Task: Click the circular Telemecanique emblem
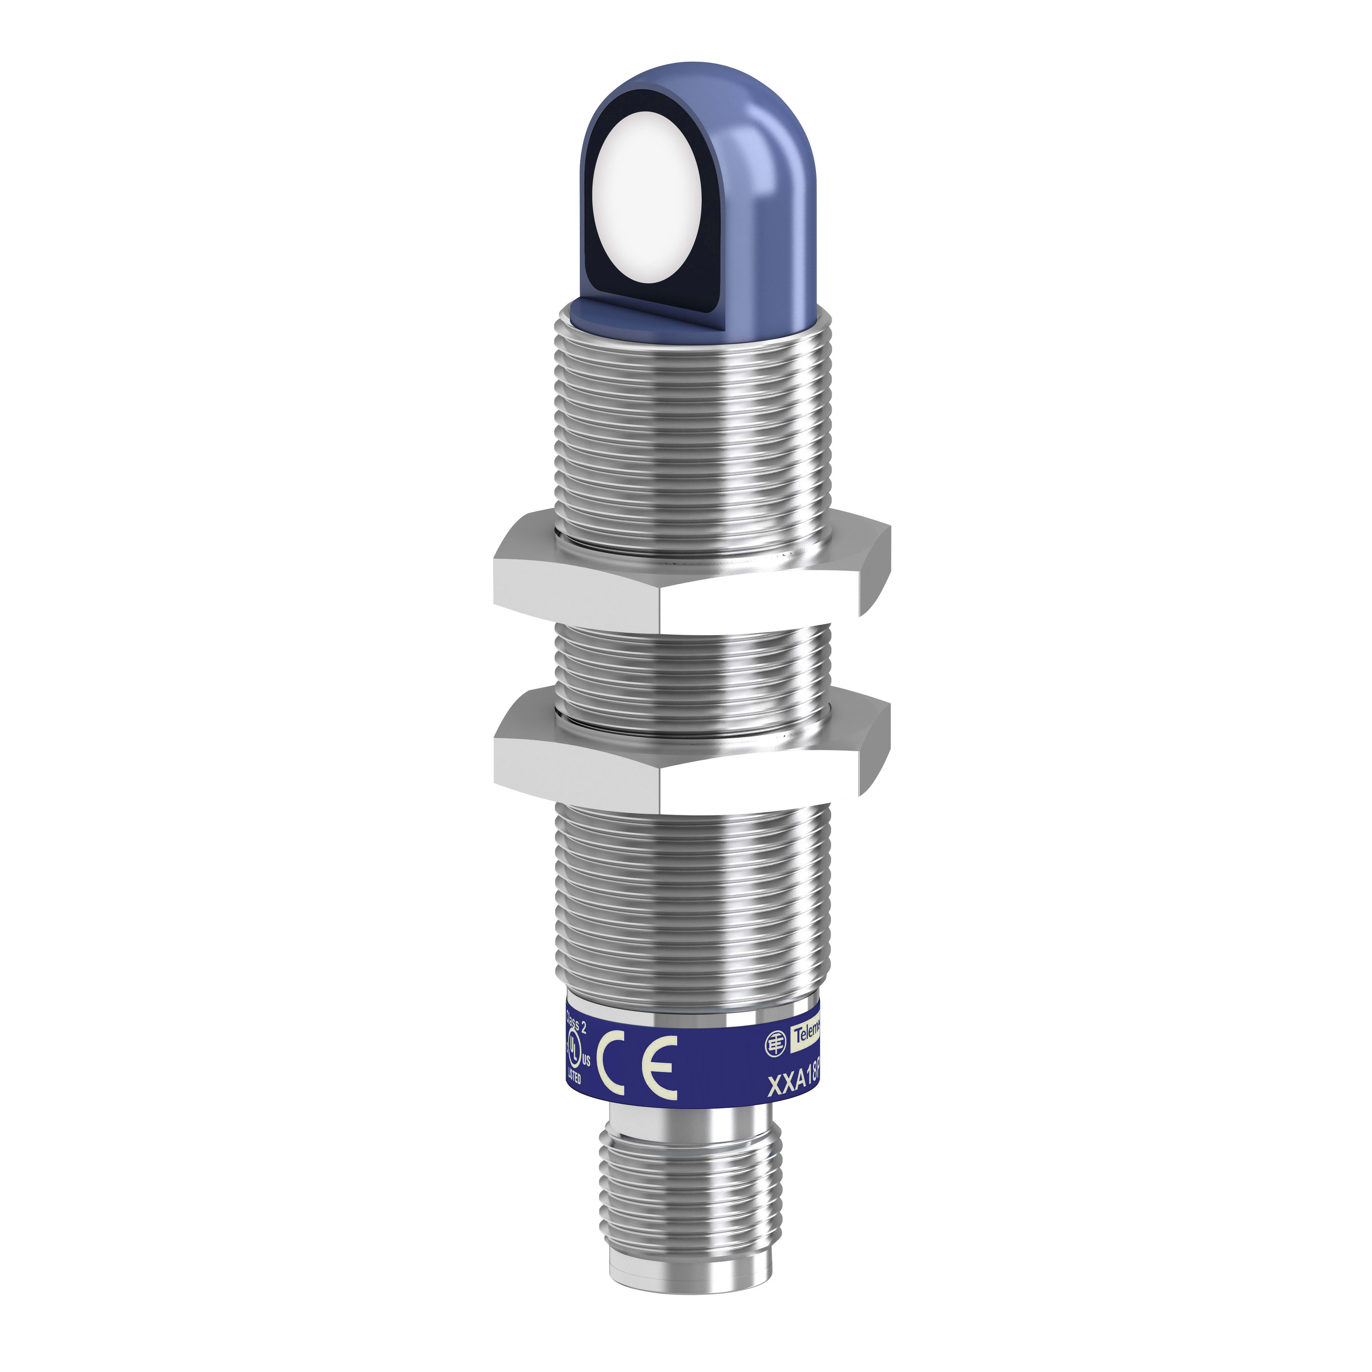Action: (776, 1042)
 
